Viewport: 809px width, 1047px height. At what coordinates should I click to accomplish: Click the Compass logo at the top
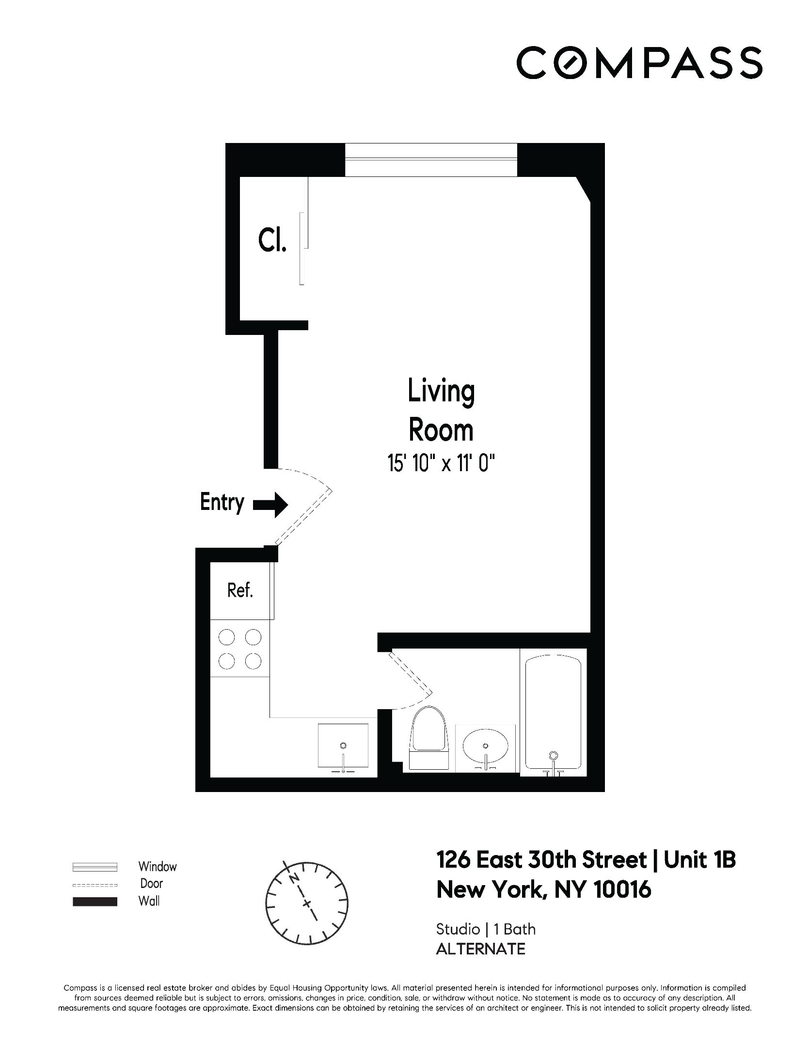pyautogui.click(x=639, y=63)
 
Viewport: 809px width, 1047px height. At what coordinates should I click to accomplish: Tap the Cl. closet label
pyautogui.click(x=272, y=241)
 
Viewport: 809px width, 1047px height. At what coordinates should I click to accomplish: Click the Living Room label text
pyautogui.click(x=441, y=411)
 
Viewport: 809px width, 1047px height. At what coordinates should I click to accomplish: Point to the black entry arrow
pyautogui.click(x=271, y=505)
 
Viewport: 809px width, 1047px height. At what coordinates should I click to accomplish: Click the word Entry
pyautogui.click(x=222, y=502)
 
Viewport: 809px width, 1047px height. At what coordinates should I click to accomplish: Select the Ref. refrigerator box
pyautogui.click(x=240, y=590)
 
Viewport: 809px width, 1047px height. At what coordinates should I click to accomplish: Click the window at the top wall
pyautogui.click(x=430, y=160)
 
